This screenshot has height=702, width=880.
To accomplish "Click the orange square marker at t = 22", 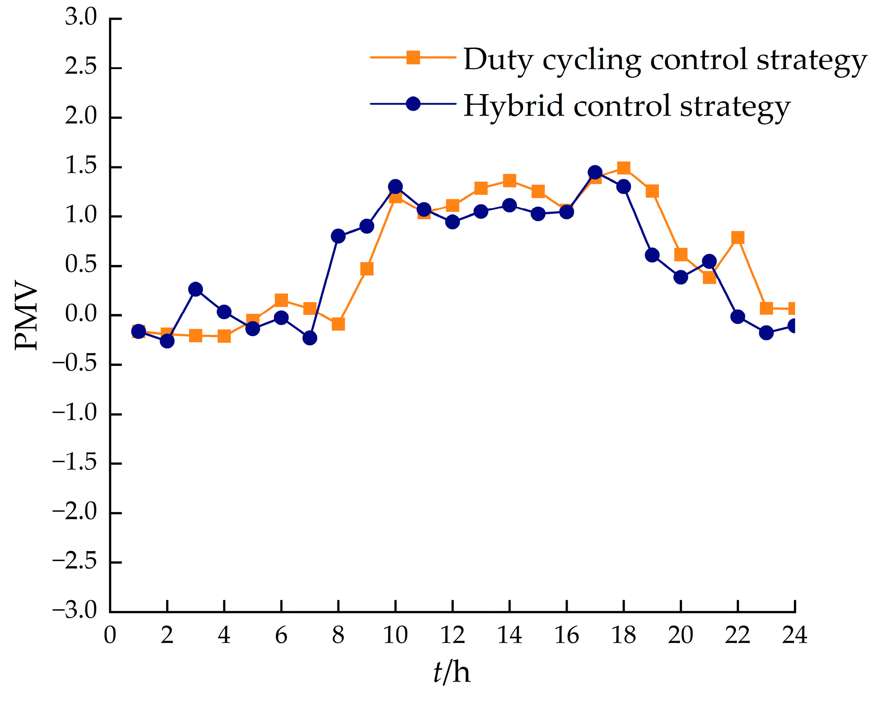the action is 738,238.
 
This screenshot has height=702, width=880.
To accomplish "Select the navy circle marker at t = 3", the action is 196,289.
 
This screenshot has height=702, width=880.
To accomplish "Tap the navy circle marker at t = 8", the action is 338,236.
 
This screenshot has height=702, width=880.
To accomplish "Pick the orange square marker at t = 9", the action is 367,269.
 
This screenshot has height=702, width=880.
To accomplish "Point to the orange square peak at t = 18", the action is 623,168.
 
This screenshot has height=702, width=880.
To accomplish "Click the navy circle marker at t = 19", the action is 652,255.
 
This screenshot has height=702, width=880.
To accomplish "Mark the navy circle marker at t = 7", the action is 310,338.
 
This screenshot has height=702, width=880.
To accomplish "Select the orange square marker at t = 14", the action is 509,181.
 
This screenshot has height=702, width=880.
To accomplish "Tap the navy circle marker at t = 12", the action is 452,222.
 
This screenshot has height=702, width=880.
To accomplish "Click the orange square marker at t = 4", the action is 224,337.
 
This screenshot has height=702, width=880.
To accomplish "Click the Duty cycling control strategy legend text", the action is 665,60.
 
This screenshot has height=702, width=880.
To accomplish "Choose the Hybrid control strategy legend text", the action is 627,106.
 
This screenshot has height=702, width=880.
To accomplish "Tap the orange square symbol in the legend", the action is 413,57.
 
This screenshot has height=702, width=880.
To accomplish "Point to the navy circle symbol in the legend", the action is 413,104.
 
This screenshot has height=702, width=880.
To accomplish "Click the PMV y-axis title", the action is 26,315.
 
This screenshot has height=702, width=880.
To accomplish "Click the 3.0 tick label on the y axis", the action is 81,18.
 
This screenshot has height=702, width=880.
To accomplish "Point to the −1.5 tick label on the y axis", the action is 75,463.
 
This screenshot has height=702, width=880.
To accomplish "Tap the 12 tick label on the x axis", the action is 452,636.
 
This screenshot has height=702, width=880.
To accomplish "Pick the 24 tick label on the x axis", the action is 795,636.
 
